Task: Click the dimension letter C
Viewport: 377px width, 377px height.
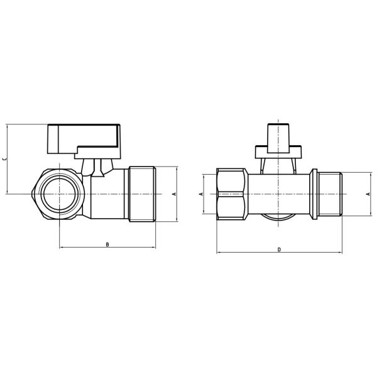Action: pos(5,159)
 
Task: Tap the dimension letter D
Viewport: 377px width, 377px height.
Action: pos(279,249)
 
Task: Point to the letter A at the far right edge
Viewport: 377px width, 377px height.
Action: pos(368,194)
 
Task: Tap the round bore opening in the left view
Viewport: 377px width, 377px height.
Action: pos(58,194)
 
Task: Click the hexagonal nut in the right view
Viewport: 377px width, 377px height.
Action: pos(232,194)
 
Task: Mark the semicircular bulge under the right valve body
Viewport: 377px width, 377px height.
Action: pos(276,221)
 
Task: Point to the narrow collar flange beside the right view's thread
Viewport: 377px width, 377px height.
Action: pos(313,194)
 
